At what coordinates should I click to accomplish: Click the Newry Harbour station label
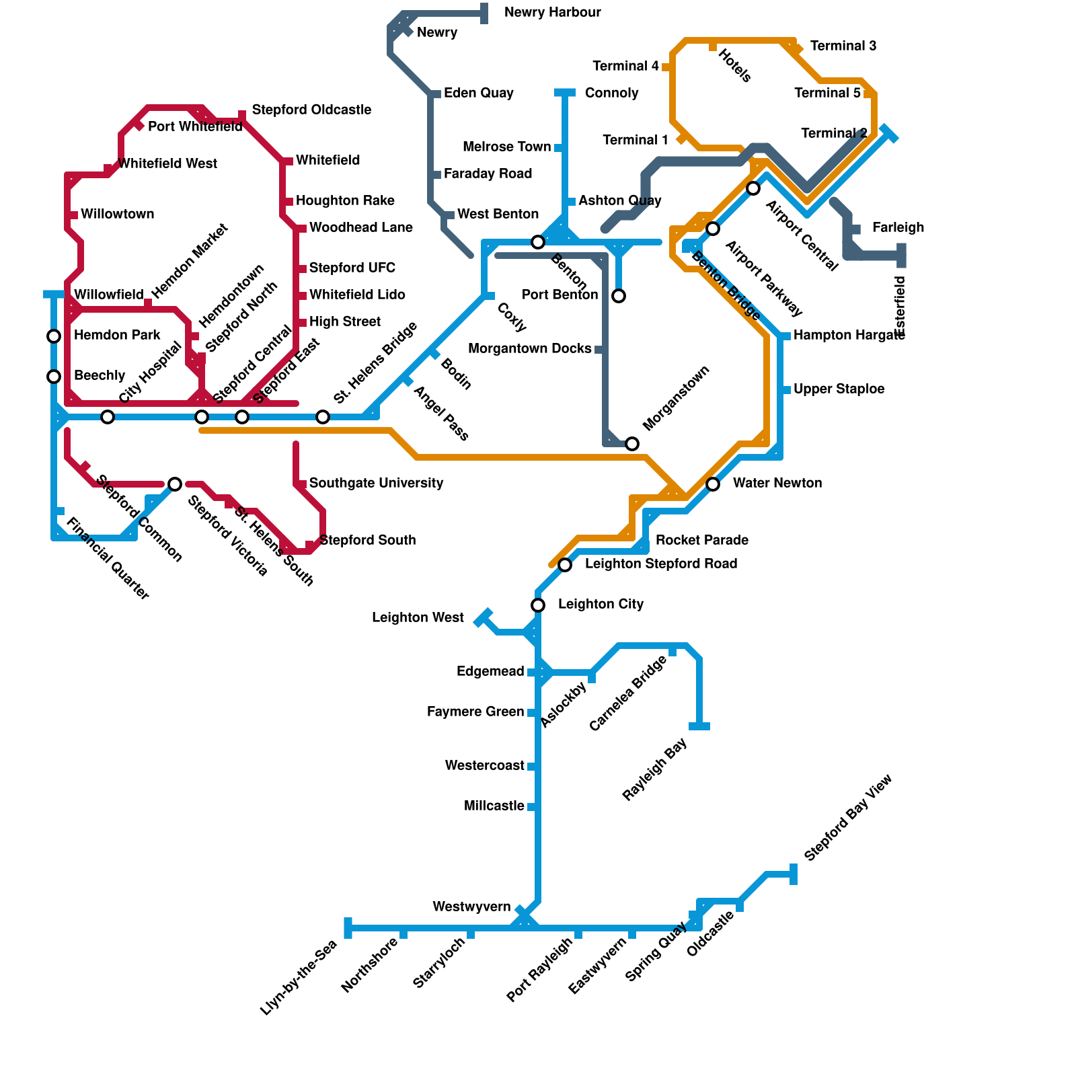pyautogui.click(x=552, y=13)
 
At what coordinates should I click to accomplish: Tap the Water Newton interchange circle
pyautogui.click(x=713, y=484)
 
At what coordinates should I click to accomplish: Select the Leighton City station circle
pyautogui.click(x=538, y=605)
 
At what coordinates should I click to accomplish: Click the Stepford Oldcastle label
pyautogui.click(x=311, y=110)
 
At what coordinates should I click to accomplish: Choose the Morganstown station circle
pyautogui.click(x=632, y=444)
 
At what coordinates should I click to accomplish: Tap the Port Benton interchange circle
pyautogui.click(x=619, y=296)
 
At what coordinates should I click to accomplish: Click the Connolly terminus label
pyautogui.click(x=611, y=93)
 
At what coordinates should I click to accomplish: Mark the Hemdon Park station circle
pyautogui.click(x=54, y=336)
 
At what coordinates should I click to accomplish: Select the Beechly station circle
pyautogui.click(x=54, y=377)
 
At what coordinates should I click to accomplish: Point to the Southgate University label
pyautogui.click(x=376, y=484)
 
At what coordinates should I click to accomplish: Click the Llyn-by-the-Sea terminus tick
pyautogui.click(x=348, y=928)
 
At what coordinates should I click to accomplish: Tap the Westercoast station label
pyautogui.click(x=484, y=766)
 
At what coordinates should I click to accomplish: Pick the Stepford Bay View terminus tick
pyautogui.click(x=794, y=874)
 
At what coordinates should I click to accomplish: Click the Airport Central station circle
pyautogui.click(x=753, y=188)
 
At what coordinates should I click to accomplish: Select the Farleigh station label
pyautogui.click(x=898, y=228)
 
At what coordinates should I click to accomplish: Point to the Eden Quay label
pyautogui.click(x=478, y=93)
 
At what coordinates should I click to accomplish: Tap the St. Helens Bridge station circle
pyautogui.click(x=323, y=417)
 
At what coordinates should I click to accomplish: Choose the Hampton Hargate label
pyautogui.click(x=849, y=336)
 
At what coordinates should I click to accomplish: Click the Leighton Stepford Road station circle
pyautogui.click(x=565, y=565)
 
